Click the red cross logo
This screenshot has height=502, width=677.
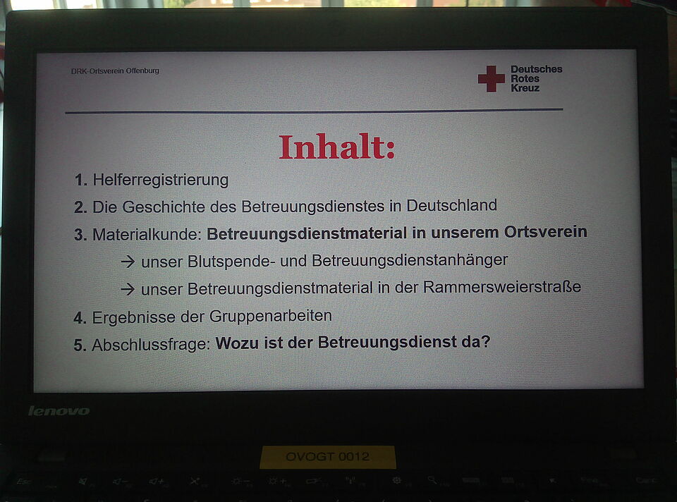point(491,78)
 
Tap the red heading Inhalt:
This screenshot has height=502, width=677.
point(337,147)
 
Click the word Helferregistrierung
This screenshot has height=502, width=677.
point(161,180)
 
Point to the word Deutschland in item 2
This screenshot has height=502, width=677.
point(451,205)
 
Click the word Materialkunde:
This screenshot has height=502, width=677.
point(147,234)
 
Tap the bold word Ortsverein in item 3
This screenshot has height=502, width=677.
point(545,232)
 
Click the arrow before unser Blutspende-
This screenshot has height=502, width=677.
point(128,262)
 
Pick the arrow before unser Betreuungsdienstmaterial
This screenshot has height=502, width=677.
point(128,289)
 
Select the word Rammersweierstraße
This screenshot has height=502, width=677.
point(502,287)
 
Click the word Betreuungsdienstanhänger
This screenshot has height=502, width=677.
point(410,260)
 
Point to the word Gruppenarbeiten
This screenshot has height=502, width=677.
point(271,316)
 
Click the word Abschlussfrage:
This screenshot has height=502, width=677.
point(151,345)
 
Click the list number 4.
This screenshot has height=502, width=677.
point(80,318)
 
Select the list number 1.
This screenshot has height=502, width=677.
point(80,180)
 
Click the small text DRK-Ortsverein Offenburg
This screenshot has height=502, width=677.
point(115,71)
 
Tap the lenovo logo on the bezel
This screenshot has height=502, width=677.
point(59,411)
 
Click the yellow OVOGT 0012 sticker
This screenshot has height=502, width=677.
point(328,457)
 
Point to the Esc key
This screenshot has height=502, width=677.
point(24,482)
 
